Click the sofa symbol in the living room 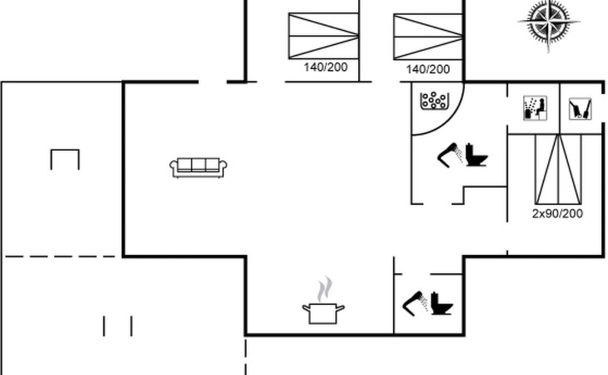198,167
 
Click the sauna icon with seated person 533,108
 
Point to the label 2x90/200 557,213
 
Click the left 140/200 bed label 326,67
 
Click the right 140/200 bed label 427,69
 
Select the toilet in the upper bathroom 476,154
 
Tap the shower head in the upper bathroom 451,154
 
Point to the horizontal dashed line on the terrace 62,257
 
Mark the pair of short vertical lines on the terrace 117,325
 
